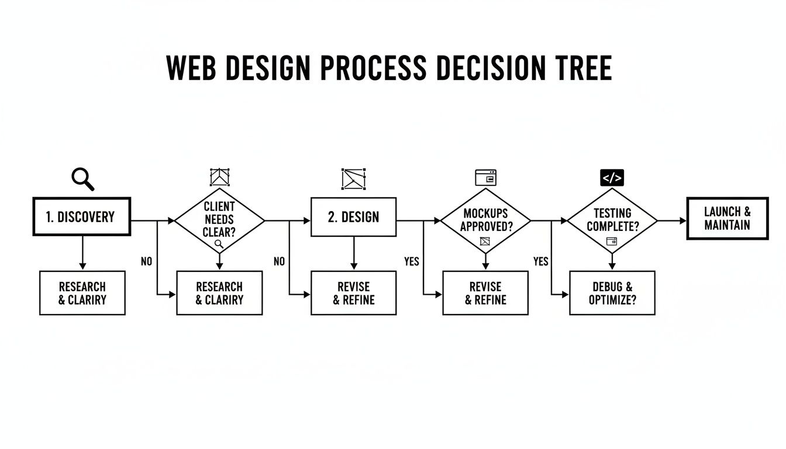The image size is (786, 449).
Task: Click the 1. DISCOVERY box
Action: pyautogui.click(x=81, y=216)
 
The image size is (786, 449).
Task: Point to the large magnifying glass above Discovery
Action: pyautogui.click(x=82, y=178)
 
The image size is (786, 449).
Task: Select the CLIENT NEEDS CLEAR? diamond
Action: pyautogui.click(x=220, y=220)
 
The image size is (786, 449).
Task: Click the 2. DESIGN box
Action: pyautogui.click(x=353, y=217)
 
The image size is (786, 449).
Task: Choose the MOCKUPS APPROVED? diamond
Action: pyautogui.click(x=485, y=220)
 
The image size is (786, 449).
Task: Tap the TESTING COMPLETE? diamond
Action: pyautogui.click(x=612, y=220)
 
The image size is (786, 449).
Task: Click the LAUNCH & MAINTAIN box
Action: pyautogui.click(x=727, y=218)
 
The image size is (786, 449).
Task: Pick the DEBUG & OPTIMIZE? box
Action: pyautogui.click(x=612, y=293)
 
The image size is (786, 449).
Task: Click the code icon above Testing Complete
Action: pyautogui.click(x=612, y=178)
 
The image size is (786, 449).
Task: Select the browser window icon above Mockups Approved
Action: pyautogui.click(x=485, y=177)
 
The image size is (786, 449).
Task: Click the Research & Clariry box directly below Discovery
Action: pyautogui.click(x=82, y=293)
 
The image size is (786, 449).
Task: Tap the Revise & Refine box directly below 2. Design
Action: pyautogui.click(x=353, y=293)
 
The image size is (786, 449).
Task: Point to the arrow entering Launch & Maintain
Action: pyautogui.click(x=681, y=220)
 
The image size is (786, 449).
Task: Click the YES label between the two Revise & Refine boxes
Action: pyautogui.click(x=412, y=261)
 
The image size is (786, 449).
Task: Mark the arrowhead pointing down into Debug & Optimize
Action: pyautogui.click(x=612, y=267)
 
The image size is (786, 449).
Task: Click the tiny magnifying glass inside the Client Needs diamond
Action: pyautogui.click(x=219, y=244)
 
